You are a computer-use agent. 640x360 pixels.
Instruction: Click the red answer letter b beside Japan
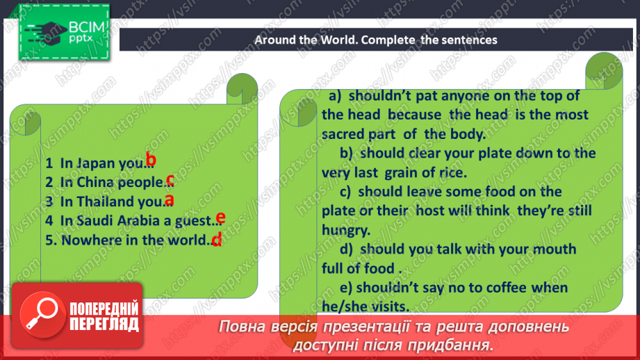click(151, 161)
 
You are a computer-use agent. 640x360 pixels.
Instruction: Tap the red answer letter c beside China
click(170, 181)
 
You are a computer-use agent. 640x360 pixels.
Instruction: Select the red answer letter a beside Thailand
click(168, 200)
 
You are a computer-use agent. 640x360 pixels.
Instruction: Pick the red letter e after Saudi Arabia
click(220, 218)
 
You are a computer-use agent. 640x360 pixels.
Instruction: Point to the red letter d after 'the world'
click(216, 240)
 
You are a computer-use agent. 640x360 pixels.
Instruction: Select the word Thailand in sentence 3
click(106, 202)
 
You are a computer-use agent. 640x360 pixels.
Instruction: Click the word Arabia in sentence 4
click(146, 221)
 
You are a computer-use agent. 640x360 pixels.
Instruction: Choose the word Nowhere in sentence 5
click(87, 240)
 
